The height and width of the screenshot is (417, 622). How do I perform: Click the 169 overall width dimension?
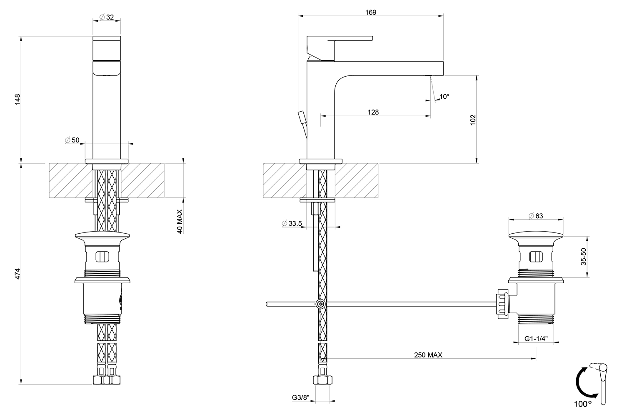tap(371, 12)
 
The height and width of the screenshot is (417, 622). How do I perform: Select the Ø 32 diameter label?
tap(107, 17)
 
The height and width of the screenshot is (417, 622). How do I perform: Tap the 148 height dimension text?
tap(17, 100)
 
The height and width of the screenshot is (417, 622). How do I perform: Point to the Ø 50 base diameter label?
tap(72, 140)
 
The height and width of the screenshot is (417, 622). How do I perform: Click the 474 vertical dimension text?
tap(17, 273)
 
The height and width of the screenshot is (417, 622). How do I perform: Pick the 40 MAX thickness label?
tap(180, 221)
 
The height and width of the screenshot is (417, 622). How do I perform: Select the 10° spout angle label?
tap(444, 96)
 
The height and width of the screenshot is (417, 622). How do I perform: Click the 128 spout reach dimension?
tap(373, 112)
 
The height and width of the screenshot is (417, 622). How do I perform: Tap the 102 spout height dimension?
tap(473, 120)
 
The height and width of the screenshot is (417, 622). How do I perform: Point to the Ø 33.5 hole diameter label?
tap(292, 223)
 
